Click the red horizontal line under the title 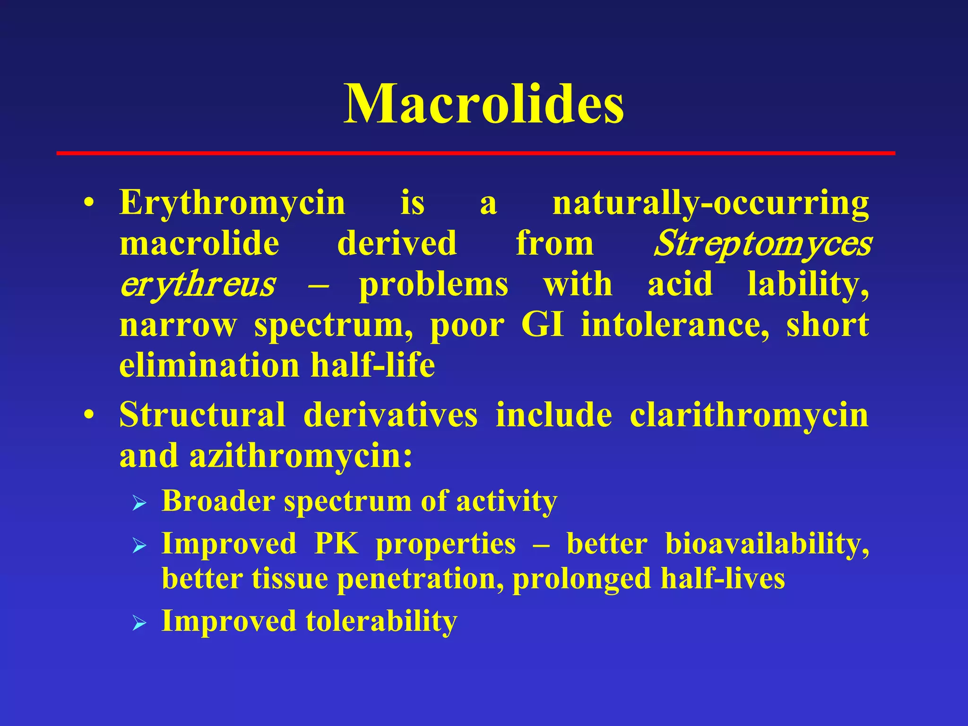tap(475, 153)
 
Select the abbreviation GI tap(543, 325)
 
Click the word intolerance tap(675, 325)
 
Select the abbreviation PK tap(336, 544)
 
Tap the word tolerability tap(381, 621)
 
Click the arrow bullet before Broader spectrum tap(139, 503)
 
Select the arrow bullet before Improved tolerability tap(139, 623)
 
